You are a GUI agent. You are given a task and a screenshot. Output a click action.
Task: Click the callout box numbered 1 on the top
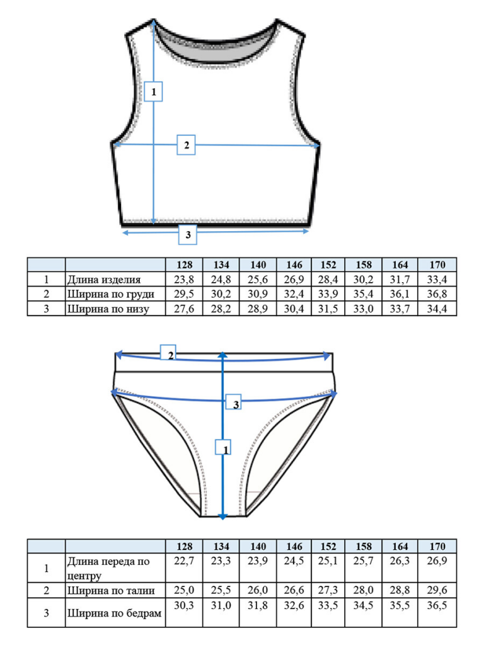[153, 91]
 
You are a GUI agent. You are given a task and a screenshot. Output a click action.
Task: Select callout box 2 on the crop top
[186, 145]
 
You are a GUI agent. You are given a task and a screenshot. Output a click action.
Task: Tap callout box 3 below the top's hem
[188, 234]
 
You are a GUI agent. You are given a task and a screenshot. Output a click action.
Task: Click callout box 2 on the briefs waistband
[168, 353]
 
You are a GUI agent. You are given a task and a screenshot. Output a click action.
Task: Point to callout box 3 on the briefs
[233, 402]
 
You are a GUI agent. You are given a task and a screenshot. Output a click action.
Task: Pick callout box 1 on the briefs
[223, 447]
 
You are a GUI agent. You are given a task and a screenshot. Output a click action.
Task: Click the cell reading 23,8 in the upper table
[184, 280]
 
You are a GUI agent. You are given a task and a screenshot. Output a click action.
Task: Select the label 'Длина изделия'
[104, 280]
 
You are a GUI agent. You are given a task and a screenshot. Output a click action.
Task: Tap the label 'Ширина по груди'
[111, 294]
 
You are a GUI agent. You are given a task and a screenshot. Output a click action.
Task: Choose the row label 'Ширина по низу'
[108, 309]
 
